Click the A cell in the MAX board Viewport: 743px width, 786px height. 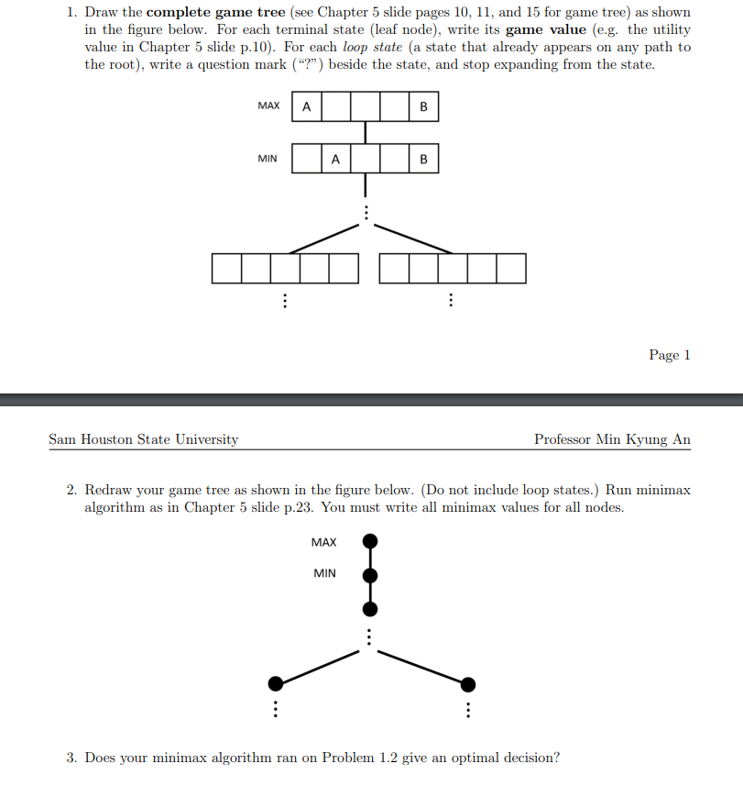pyautogui.click(x=306, y=106)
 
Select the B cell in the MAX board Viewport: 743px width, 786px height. pyautogui.click(x=423, y=106)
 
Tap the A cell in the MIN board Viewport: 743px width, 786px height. pyautogui.click(x=335, y=159)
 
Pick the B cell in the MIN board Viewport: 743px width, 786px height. pyautogui.click(x=423, y=159)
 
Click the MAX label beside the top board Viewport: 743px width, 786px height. pyautogui.click(x=268, y=105)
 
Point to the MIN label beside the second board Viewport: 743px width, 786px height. pyautogui.click(x=268, y=159)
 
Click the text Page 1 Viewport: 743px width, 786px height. pyautogui.click(x=669, y=355)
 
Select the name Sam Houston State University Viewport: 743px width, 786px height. pyautogui.click(x=143, y=439)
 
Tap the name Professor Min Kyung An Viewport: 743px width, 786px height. pyautogui.click(x=612, y=439)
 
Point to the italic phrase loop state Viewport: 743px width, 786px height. pyautogui.click(x=372, y=47)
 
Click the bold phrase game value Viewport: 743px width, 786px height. pyautogui.click(x=545, y=29)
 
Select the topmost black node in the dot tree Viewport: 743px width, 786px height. pyautogui.click(x=370, y=541)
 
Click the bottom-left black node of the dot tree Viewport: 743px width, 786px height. pyautogui.click(x=275, y=683)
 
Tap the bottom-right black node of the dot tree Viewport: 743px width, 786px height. pyautogui.click(x=468, y=683)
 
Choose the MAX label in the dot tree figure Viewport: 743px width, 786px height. pyautogui.click(x=323, y=542)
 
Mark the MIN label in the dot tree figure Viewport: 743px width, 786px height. pyautogui.click(x=324, y=573)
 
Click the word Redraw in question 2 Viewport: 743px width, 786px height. pyautogui.click(x=109, y=490)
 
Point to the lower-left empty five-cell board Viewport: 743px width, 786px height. pyautogui.click(x=285, y=268)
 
